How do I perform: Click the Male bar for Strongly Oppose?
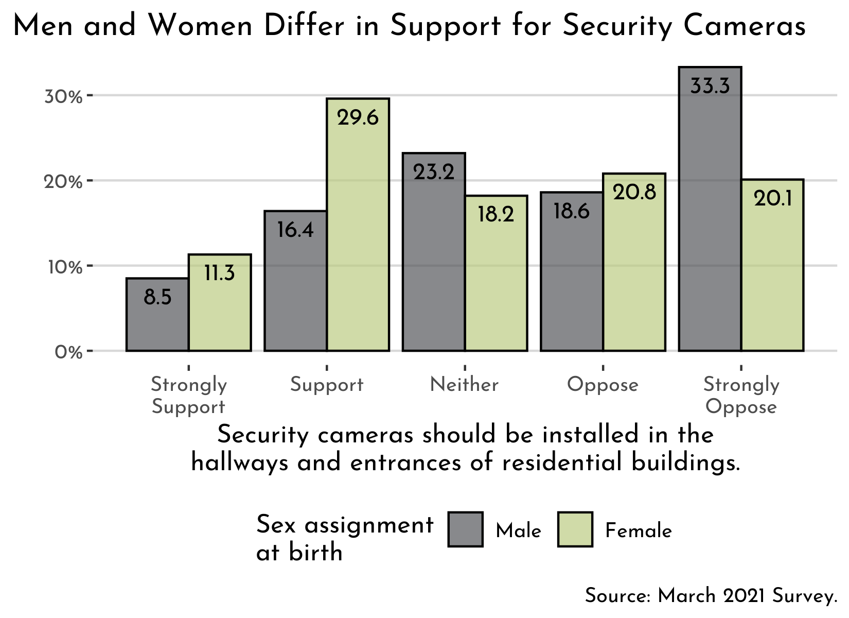(x=710, y=216)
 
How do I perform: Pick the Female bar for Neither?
(x=496, y=278)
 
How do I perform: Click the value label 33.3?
(x=710, y=86)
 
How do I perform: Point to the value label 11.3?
(x=220, y=273)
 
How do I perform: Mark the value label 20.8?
(x=634, y=193)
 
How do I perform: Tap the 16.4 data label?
(x=295, y=230)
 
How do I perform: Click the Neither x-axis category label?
(x=464, y=385)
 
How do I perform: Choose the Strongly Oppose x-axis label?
(x=741, y=396)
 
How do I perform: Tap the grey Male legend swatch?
(x=465, y=529)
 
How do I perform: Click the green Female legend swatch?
(x=575, y=529)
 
